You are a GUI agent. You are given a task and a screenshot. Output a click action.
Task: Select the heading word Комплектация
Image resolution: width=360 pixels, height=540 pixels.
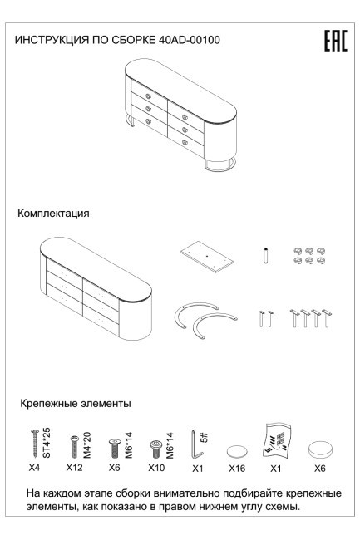tap(54, 214)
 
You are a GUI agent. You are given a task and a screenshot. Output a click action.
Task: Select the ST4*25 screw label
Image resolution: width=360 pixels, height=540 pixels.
tap(47, 441)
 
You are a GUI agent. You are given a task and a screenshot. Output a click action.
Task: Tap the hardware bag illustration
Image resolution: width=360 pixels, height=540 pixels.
tap(279, 443)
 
